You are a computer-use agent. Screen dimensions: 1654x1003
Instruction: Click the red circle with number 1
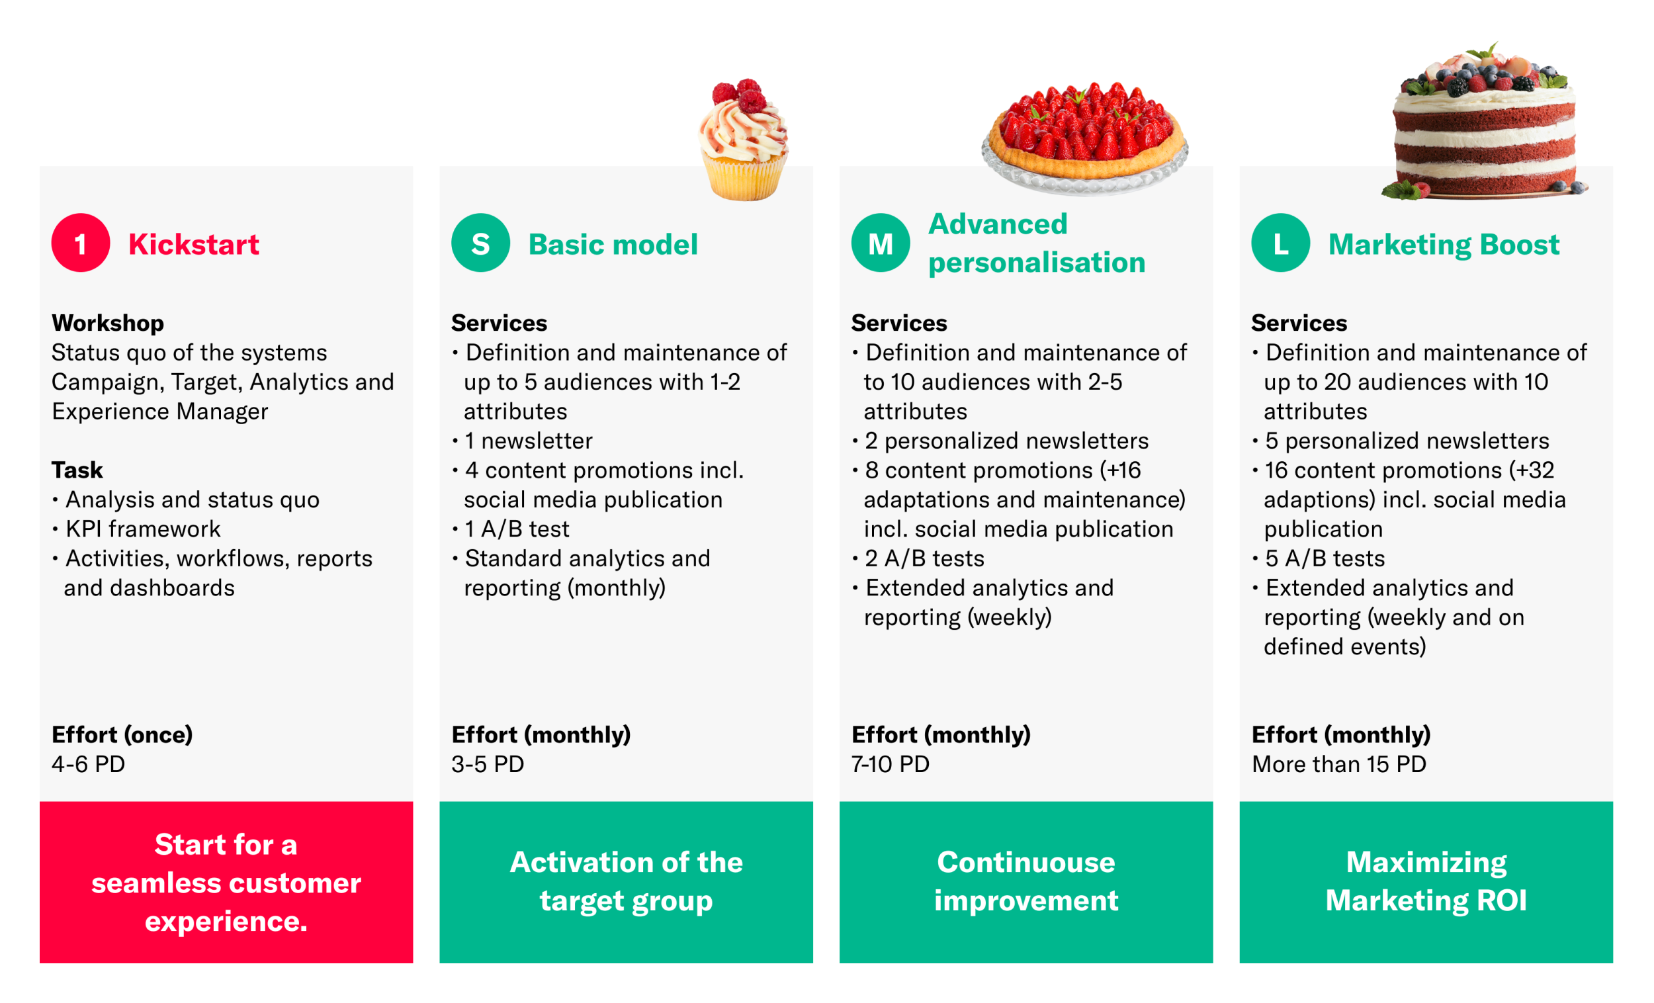click(81, 242)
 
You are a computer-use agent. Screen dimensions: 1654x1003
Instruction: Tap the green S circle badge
click(480, 242)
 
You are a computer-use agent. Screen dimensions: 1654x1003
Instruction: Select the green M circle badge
click(881, 242)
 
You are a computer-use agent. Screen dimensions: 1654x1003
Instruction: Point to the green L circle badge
click(1281, 242)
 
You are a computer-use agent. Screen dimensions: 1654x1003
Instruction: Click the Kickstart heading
click(193, 243)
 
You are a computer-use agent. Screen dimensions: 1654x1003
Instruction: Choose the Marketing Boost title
click(1444, 244)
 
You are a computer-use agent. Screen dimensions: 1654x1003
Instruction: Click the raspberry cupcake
click(744, 140)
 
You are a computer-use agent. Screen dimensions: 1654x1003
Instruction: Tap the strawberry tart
click(1084, 138)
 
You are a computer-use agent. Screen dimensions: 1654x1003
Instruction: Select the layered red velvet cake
click(1485, 121)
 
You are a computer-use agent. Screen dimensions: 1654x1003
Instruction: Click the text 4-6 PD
click(89, 764)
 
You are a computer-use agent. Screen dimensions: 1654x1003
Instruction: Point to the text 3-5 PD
click(488, 764)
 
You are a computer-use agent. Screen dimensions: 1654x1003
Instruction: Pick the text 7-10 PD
click(891, 764)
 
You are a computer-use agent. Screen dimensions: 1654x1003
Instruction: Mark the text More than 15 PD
click(1339, 764)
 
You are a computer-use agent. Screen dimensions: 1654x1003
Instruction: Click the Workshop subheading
click(108, 323)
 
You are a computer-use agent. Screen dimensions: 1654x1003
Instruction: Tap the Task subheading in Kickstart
click(77, 470)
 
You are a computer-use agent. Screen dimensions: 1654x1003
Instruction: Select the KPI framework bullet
click(136, 529)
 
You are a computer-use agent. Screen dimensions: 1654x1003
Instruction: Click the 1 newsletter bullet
click(522, 441)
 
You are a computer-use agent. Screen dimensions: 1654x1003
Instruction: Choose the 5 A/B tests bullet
click(1319, 558)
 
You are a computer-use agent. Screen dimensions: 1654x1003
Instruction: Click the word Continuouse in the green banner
click(1026, 862)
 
